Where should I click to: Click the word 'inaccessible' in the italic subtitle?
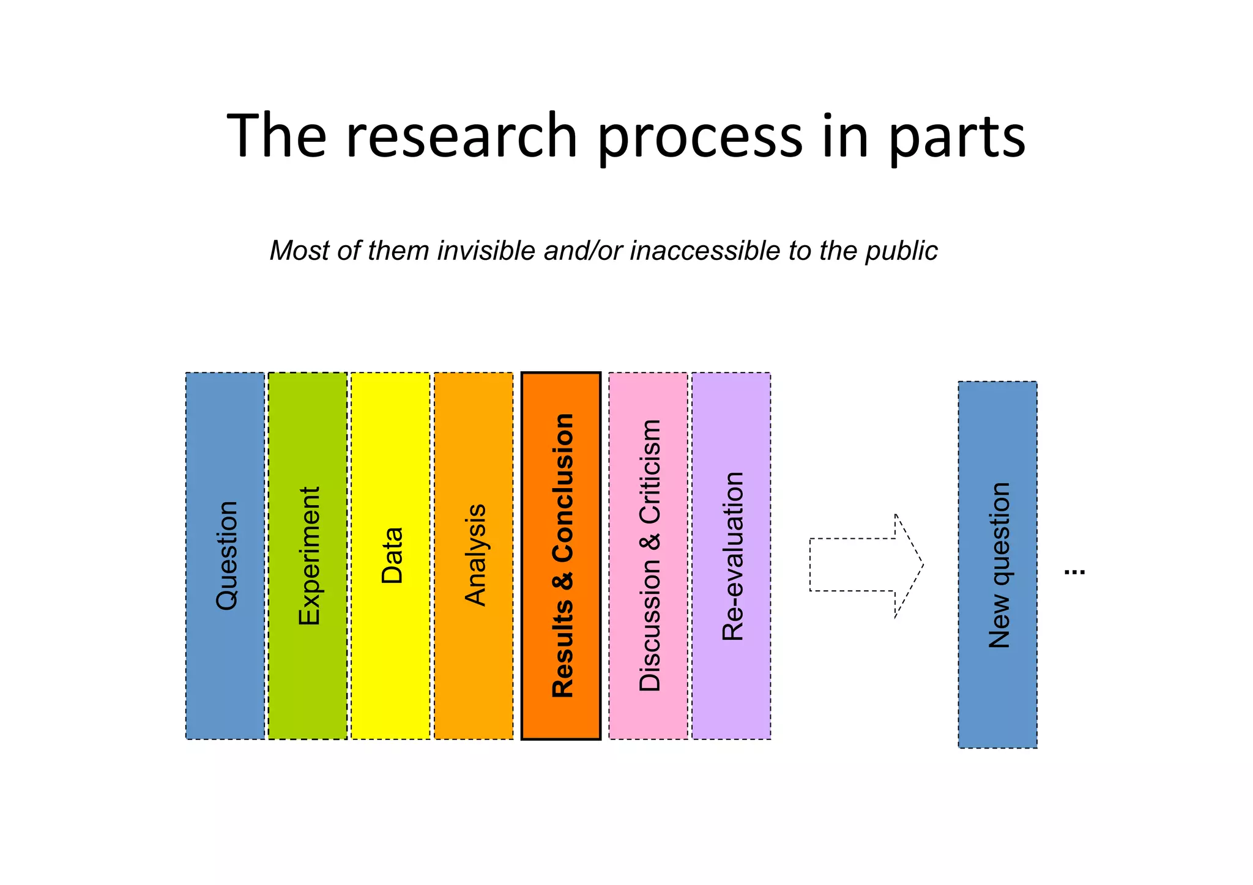coord(704,251)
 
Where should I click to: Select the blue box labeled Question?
coord(225,555)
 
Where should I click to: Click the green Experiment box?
coord(308,555)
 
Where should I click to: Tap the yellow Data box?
coord(390,555)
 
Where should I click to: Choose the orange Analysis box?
coord(474,555)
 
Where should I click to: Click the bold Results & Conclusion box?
coord(561,555)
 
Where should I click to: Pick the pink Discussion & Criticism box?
coord(649,555)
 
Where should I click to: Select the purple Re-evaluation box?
coord(731,555)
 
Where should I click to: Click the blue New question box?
coord(997,565)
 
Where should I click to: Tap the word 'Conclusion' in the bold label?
coord(563,488)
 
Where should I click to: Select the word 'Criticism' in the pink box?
coord(650,472)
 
